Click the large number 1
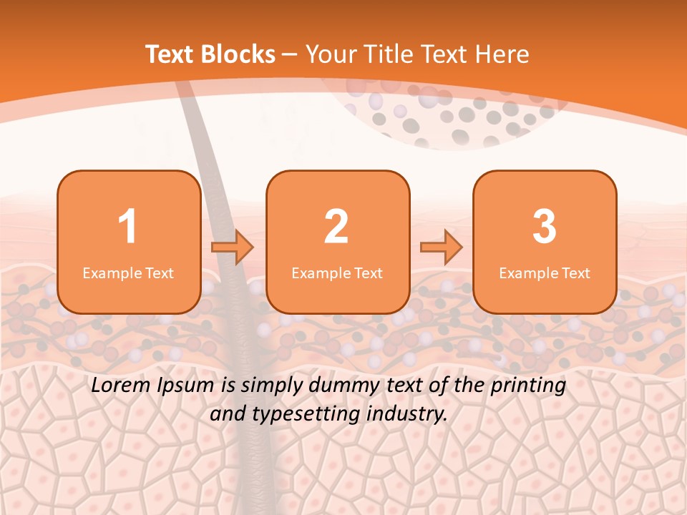(x=127, y=227)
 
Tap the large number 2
(x=336, y=227)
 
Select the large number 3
(x=545, y=227)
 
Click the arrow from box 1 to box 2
(x=233, y=247)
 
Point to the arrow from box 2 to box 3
(x=442, y=247)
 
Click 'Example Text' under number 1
(x=128, y=273)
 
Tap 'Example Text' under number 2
(x=337, y=273)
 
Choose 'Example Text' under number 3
(x=545, y=273)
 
